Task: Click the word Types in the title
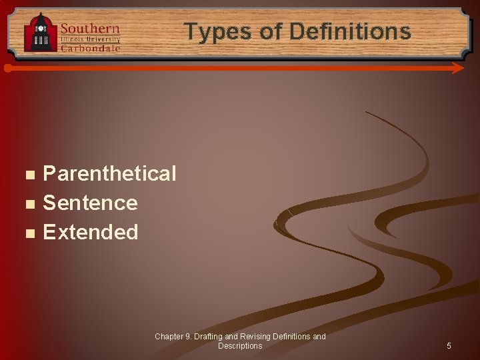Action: click(212, 31)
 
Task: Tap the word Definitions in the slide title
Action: click(351, 31)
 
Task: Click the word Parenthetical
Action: click(109, 174)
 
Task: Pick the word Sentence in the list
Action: click(90, 203)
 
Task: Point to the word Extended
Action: click(91, 232)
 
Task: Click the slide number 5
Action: click(449, 346)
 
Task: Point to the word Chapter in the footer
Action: click(169, 337)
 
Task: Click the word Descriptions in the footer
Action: click(240, 346)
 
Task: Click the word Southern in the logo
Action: click(90, 29)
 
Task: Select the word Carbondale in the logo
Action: click(91, 47)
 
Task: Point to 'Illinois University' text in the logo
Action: click(91, 39)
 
